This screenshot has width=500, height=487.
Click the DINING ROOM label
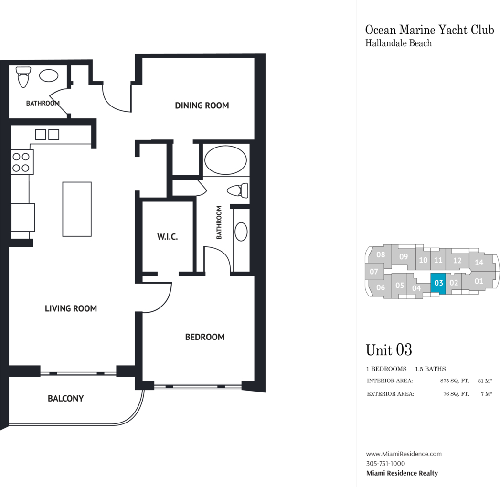click(x=202, y=106)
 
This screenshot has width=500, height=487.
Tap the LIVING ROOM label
click(x=71, y=308)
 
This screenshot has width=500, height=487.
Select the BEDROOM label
click(x=205, y=337)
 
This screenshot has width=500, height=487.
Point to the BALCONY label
click(x=66, y=398)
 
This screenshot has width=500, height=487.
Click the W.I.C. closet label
click(x=168, y=237)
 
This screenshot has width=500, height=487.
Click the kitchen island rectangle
click(x=77, y=209)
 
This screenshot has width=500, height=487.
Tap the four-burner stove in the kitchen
click(x=22, y=162)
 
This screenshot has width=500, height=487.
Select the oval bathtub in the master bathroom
click(x=225, y=160)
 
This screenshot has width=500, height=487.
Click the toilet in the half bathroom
click(x=23, y=77)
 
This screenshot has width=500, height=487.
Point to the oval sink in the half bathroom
click(x=49, y=76)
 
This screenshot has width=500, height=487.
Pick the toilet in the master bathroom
click(x=237, y=191)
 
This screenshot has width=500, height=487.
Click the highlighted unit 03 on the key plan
click(x=438, y=283)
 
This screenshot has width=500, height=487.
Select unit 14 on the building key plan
click(x=479, y=262)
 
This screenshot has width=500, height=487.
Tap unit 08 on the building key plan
click(x=381, y=254)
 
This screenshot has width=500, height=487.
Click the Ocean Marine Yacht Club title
click(x=429, y=30)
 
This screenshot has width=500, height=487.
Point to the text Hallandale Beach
click(x=399, y=43)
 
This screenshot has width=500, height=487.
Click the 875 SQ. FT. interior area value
click(x=455, y=381)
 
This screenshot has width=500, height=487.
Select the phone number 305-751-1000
click(x=385, y=464)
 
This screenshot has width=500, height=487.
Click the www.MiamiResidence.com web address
click(x=404, y=454)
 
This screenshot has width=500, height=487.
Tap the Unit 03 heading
click(x=389, y=350)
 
